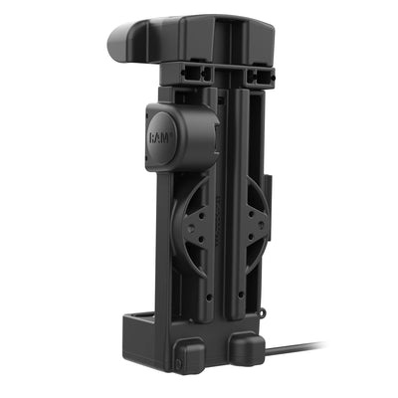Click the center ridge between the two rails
coord(225,199)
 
